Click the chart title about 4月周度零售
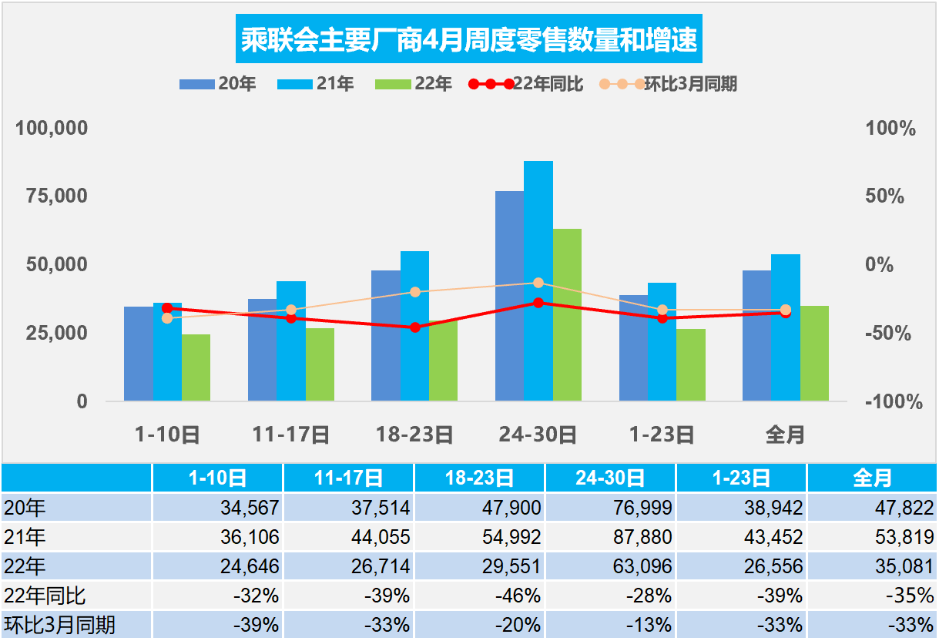pos(469,40)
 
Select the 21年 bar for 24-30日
pos(538,280)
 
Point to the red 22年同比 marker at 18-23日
pos(415,327)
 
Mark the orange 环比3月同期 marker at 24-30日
pos(538,283)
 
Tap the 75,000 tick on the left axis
pos(52,196)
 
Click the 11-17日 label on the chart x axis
pos(291,435)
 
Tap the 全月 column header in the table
pos(872,478)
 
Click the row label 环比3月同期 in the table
pos(60,625)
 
